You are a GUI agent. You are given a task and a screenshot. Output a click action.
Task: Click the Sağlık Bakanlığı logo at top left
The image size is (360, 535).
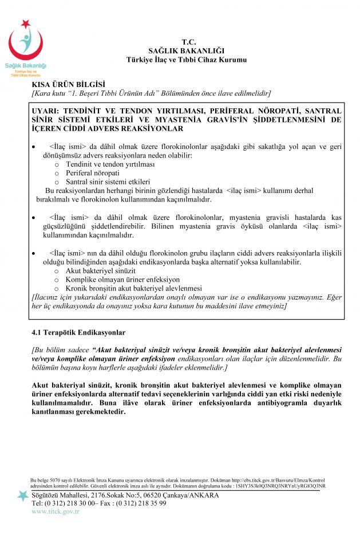pos(26,49)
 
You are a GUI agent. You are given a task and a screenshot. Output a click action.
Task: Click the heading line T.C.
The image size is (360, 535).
pos(188,42)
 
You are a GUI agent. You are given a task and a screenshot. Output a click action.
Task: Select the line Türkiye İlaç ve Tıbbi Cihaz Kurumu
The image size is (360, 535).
pos(188,60)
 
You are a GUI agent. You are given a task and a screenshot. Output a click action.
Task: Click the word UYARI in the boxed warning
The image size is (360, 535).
pos(48,111)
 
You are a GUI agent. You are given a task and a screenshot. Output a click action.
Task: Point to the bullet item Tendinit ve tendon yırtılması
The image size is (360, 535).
pos(110,164)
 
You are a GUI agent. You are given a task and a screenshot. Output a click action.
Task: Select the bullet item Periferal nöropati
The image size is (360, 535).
pos(92,172)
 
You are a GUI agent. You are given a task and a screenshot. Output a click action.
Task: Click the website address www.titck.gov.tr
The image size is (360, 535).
pos(56,511)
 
